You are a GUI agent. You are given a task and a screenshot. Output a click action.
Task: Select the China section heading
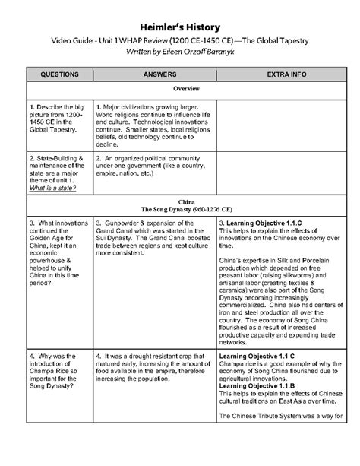point(180,201)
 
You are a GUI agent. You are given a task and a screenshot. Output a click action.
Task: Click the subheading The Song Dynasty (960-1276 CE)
point(180,209)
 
